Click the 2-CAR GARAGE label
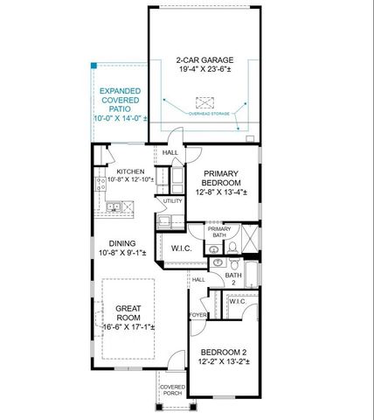[x=204, y=60]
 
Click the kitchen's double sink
[x=114, y=207]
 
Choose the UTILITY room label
[x=172, y=201]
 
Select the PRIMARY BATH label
[x=218, y=232]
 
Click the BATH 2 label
[x=232, y=279]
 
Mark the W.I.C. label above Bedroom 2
[x=239, y=302]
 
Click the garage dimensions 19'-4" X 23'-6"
[x=204, y=71]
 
